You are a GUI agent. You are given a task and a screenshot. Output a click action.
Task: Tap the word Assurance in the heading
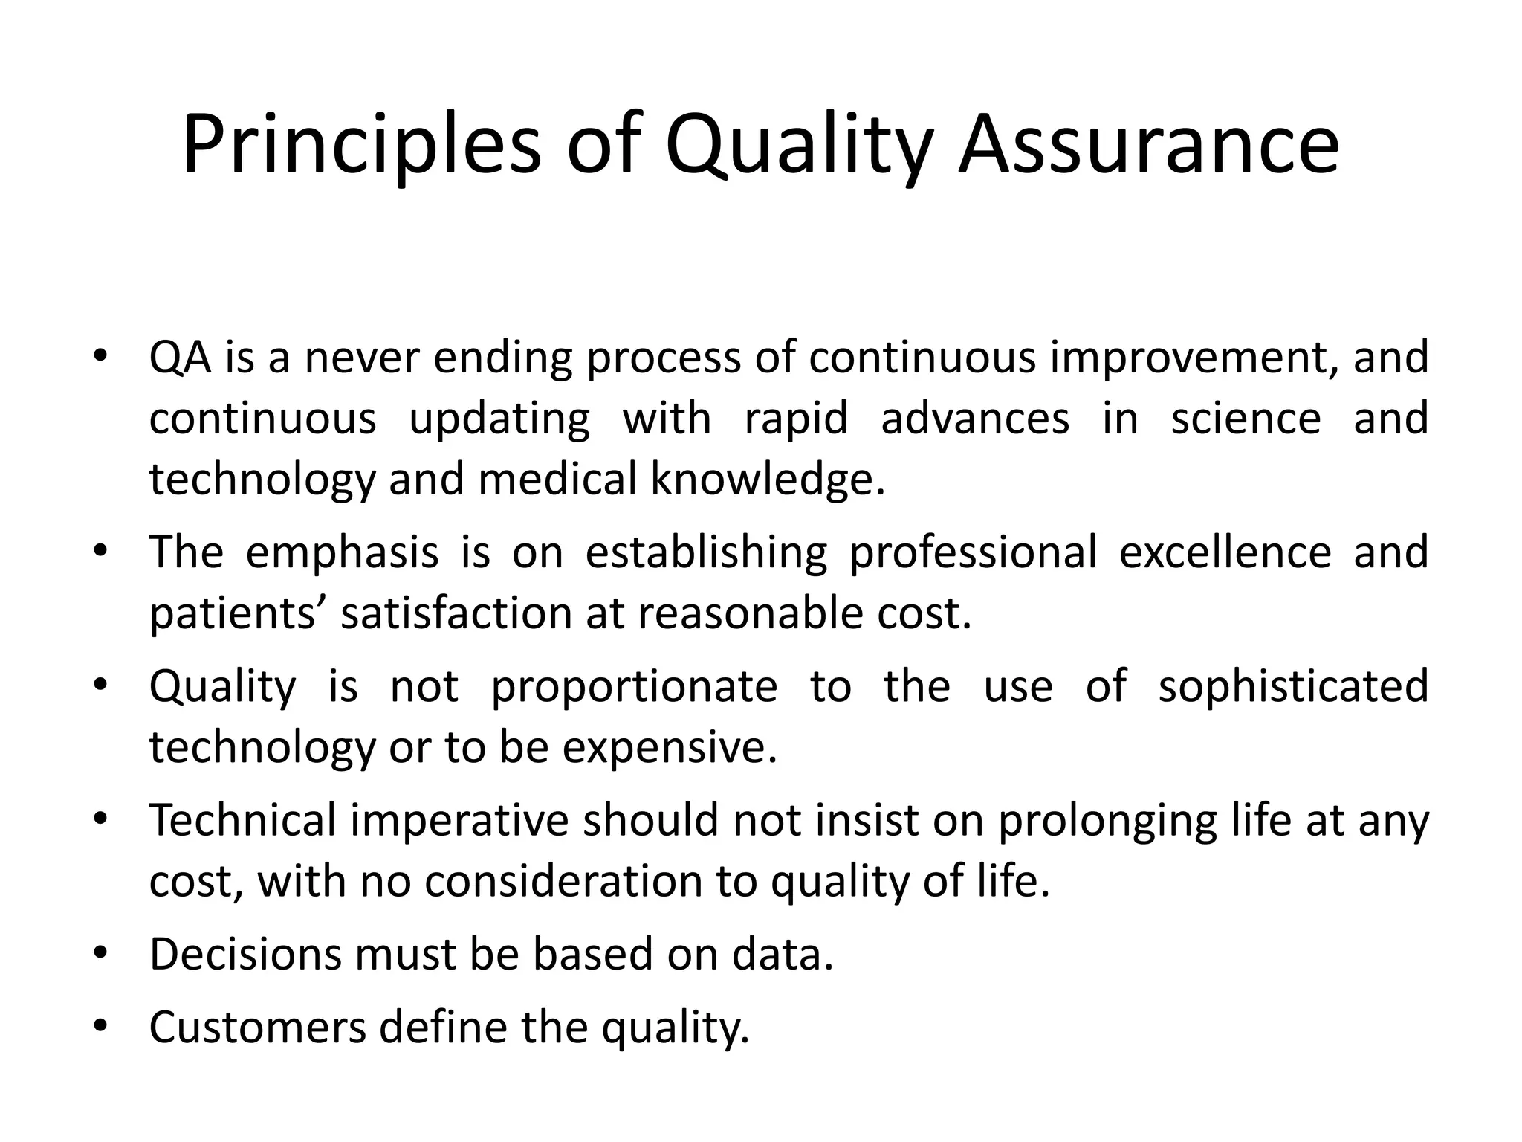click(x=1149, y=145)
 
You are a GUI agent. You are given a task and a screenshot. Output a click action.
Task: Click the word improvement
click(x=1190, y=358)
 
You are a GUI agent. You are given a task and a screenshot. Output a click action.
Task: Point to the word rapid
click(x=796, y=419)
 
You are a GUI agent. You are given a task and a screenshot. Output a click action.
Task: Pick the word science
click(x=1246, y=419)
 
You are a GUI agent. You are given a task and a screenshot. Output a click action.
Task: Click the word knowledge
click(x=768, y=480)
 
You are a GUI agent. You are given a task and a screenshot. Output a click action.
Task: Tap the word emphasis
click(x=342, y=552)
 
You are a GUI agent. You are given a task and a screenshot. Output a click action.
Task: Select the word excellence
click(x=1225, y=552)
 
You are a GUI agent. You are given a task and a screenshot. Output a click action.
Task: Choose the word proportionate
click(x=634, y=686)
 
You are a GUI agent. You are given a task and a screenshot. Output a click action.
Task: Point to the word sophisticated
click(x=1293, y=686)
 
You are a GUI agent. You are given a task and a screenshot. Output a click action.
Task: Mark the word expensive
click(x=669, y=747)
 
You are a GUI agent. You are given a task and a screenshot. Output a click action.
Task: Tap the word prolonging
click(x=1107, y=820)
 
